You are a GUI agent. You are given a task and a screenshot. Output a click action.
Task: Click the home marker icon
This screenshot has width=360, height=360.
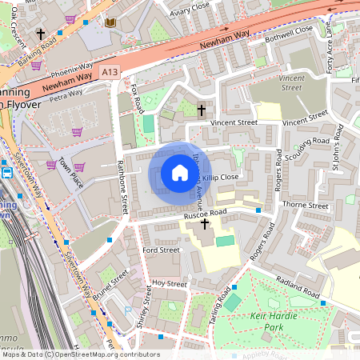(x=179, y=173)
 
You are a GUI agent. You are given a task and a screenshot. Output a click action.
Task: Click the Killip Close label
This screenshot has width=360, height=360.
(x=221, y=176)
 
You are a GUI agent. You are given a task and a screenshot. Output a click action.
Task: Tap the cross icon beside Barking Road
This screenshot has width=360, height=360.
(x=41, y=35)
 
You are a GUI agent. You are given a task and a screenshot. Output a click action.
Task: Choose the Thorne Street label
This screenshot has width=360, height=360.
(x=307, y=206)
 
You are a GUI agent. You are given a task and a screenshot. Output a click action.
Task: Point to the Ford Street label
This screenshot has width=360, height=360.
(x=160, y=250)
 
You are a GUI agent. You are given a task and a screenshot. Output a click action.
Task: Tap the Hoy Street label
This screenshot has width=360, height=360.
(x=170, y=283)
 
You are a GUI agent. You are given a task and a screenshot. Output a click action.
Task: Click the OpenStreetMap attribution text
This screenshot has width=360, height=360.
(x=80, y=354)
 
